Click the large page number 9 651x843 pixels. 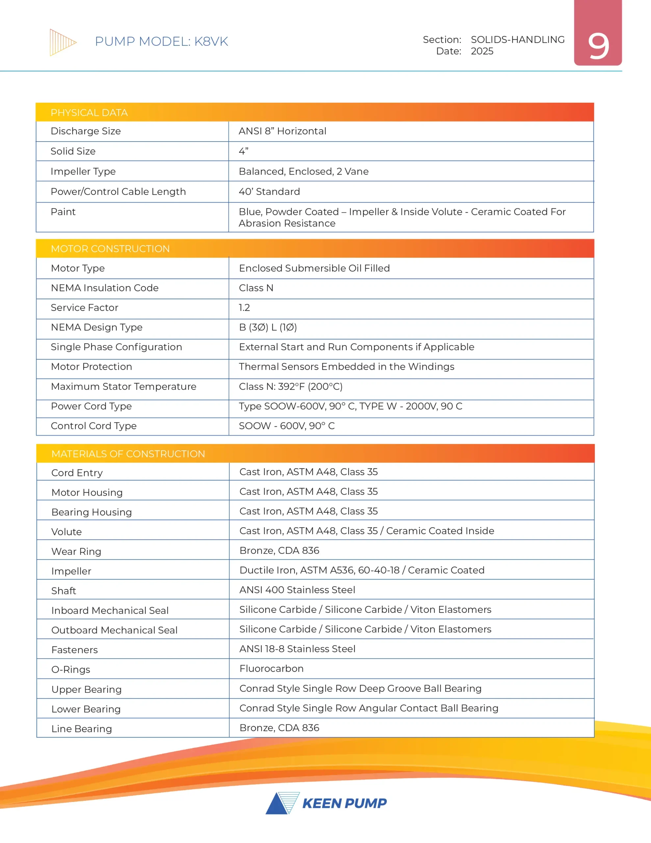click(x=598, y=46)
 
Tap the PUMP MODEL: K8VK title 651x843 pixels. click(x=161, y=41)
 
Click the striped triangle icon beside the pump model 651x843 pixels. click(x=63, y=42)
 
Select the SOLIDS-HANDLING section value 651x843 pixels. click(x=517, y=40)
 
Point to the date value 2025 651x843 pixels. click(x=482, y=51)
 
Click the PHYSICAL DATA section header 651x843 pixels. click(x=89, y=113)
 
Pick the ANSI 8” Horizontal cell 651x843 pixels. click(x=282, y=131)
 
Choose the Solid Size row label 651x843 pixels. click(x=73, y=151)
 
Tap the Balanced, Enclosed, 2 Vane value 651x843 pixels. click(x=304, y=171)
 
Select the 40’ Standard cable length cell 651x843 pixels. click(x=269, y=192)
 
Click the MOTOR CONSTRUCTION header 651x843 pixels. click(x=110, y=249)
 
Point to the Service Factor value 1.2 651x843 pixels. click(x=244, y=308)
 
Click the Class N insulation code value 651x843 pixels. click(x=256, y=288)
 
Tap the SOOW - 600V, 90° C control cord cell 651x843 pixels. click(x=287, y=426)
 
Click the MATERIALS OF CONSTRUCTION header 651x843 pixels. click(x=128, y=454)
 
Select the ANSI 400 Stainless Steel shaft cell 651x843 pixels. click(x=297, y=590)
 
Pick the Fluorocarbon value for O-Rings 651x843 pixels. click(x=271, y=668)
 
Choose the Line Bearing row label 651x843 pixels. click(x=81, y=729)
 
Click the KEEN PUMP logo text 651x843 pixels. click(x=344, y=803)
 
